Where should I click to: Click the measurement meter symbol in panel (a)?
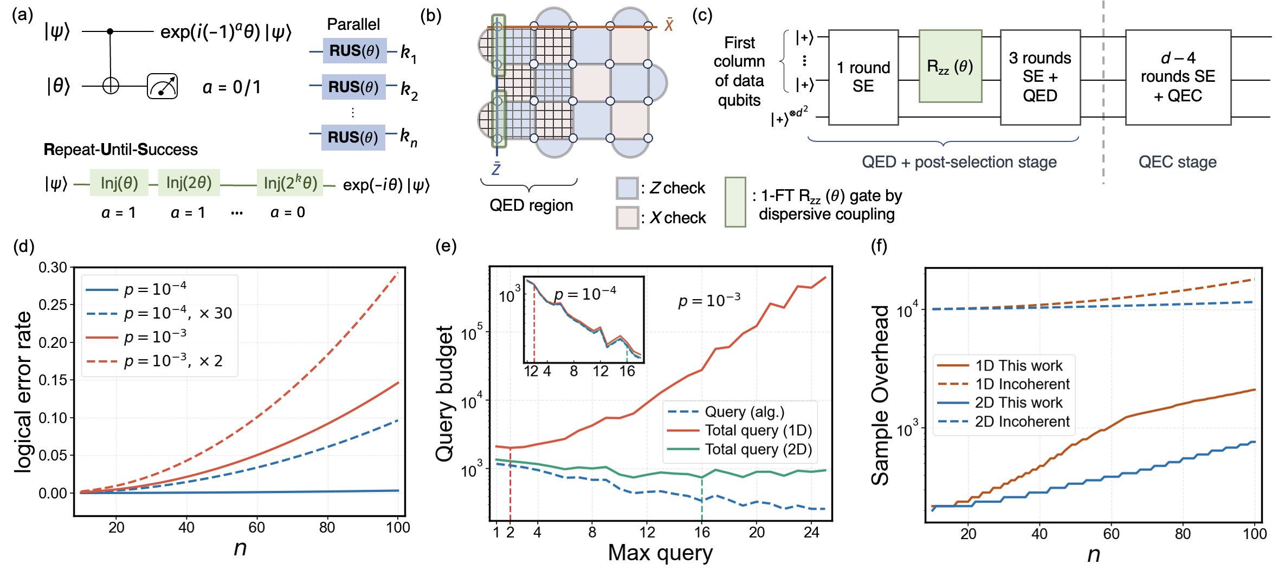163,86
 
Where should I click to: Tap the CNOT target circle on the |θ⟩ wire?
111,86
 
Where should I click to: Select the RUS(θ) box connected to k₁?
354,50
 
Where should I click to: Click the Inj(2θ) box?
189,183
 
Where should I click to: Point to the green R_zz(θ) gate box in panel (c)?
950,66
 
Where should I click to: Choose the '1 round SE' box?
863,77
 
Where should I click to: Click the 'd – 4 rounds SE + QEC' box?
1178,77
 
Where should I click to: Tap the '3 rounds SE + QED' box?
1040,77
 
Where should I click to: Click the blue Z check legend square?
627,188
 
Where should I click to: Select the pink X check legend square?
627,218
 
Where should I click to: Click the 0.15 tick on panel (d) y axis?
53,380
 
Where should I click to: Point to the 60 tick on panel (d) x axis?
256,527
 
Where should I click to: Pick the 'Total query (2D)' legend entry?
740,449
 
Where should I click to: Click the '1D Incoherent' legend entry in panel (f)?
1003,384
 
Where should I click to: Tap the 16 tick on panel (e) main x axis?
702,532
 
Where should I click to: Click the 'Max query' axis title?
660,553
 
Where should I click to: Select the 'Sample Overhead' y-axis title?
880,395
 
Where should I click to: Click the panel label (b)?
431,16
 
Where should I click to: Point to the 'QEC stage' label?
1178,161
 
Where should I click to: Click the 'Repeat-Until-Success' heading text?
121,150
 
